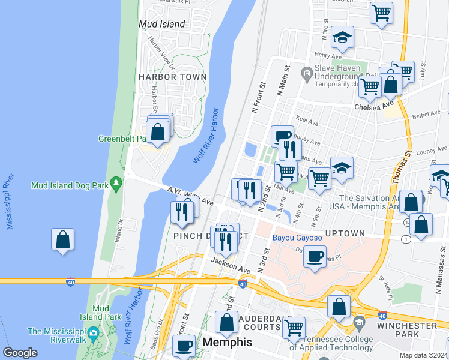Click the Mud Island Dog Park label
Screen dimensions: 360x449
(70, 185)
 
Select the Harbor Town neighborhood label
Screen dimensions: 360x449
(173, 77)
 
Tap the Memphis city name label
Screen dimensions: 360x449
(228, 342)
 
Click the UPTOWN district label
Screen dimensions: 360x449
(345, 233)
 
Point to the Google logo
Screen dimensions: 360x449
(20, 353)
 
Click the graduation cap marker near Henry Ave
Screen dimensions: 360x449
(343, 38)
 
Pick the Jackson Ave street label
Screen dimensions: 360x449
(230, 266)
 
